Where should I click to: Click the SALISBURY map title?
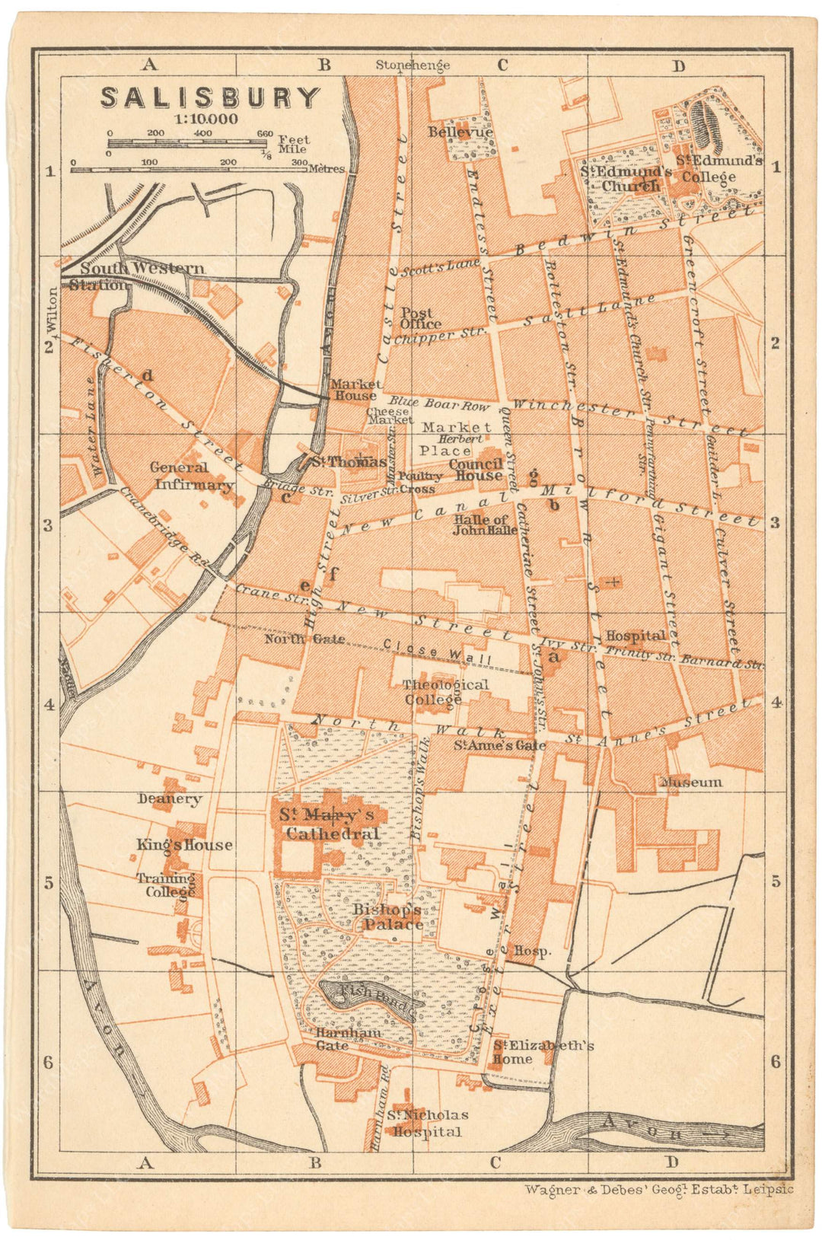(x=210, y=98)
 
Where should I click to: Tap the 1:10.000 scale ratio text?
(x=205, y=120)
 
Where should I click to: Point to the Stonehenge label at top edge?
(x=413, y=65)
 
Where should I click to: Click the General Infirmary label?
(x=193, y=477)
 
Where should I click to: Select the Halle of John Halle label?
(x=485, y=525)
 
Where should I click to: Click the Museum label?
(x=691, y=783)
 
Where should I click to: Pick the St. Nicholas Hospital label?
(x=426, y=1124)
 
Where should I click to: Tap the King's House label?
(x=184, y=845)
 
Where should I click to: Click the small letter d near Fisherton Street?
(x=148, y=375)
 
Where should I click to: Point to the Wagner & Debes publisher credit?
(x=658, y=1189)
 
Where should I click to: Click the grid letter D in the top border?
(x=678, y=66)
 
